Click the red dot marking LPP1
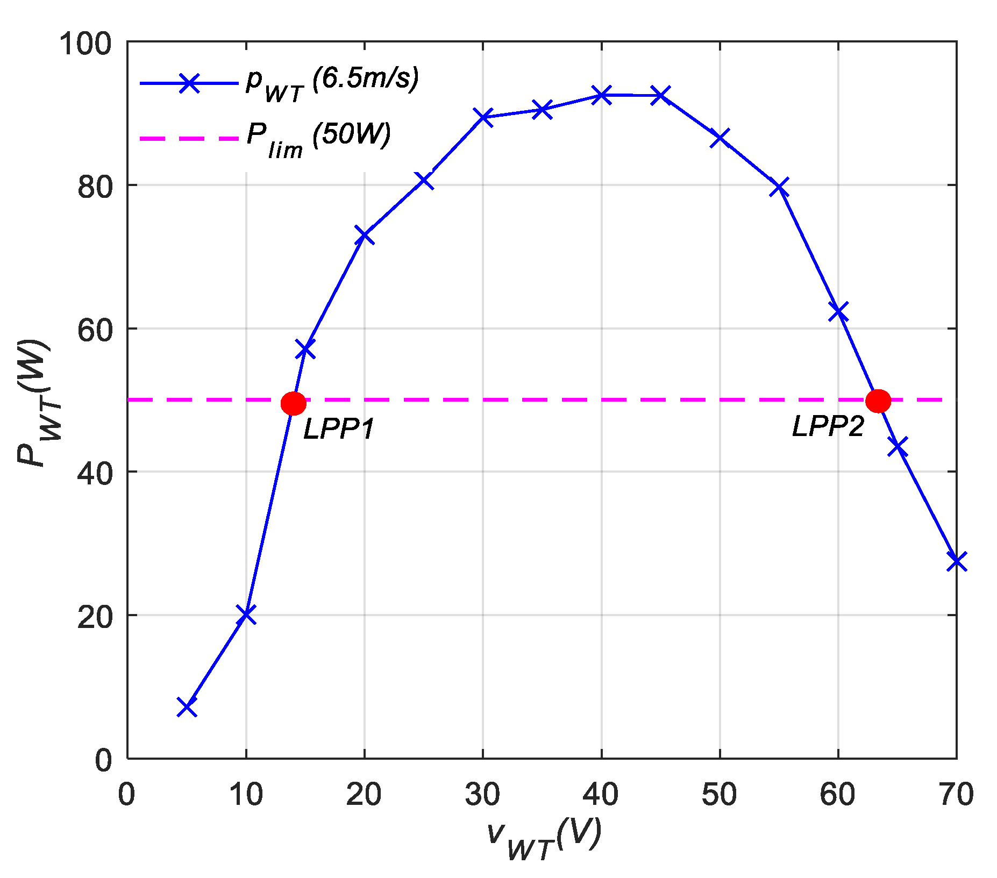(x=294, y=403)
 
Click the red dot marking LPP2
(x=878, y=401)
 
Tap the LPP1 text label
(x=339, y=429)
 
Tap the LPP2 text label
(x=828, y=427)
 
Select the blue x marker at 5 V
(x=187, y=708)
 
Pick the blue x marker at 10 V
(x=246, y=614)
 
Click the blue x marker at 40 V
(x=601, y=95)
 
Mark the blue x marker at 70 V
(x=956, y=561)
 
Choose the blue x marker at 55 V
(x=779, y=188)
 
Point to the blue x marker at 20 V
(x=365, y=235)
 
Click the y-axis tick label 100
(x=86, y=43)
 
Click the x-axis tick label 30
(x=482, y=794)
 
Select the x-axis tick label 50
(x=720, y=794)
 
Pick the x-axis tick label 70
(x=956, y=794)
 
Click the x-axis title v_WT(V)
(x=544, y=839)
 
